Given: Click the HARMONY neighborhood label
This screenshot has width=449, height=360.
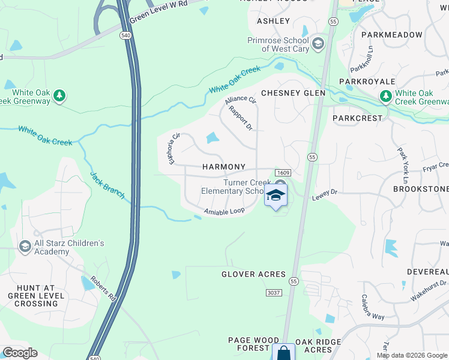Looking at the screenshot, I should [224, 167].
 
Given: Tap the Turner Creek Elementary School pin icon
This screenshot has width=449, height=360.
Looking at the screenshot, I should [276, 195].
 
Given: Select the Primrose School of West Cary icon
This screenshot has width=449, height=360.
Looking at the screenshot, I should [318, 44].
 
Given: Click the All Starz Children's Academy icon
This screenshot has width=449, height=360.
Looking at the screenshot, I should [25, 246].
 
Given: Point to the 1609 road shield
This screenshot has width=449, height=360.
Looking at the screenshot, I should [283, 173].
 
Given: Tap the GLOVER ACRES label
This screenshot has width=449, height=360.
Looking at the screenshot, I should [253, 274].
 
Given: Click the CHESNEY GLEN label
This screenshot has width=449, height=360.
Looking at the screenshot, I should [293, 93].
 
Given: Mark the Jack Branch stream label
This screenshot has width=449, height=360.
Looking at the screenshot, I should [107, 185].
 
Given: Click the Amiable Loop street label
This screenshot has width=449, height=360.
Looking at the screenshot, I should [224, 212].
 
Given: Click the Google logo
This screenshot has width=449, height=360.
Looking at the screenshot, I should [19, 353].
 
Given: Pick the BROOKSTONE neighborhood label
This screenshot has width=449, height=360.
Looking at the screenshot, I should [420, 189].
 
